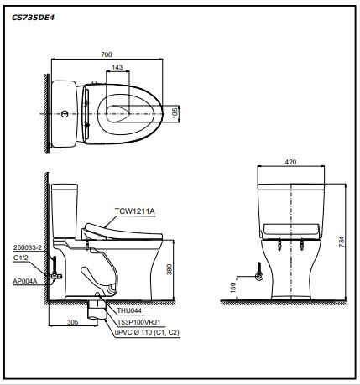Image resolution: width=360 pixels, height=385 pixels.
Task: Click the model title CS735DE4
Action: pyautogui.click(x=33, y=18)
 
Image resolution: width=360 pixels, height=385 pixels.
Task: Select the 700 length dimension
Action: pyautogui.click(x=107, y=55)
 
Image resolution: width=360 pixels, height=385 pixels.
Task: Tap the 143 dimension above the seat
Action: pyautogui.click(x=117, y=67)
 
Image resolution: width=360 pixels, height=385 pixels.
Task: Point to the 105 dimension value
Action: pyautogui.click(x=175, y=113)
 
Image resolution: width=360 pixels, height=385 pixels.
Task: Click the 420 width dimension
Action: pyautogui.click(x=290, y=162)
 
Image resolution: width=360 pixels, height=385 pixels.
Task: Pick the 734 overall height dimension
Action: pyautogui.click(x=342, y=242)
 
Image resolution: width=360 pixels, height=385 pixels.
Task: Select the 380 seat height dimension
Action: pyautogui.click(x=170, y=269)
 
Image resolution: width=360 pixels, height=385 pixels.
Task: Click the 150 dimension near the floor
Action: pyautogui.click(x=233, y=288)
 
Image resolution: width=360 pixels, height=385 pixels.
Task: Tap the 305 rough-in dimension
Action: pyautogui.click(x=73, y=322)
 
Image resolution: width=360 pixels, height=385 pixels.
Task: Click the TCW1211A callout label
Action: pyautogui.click(x=135, y=211)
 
